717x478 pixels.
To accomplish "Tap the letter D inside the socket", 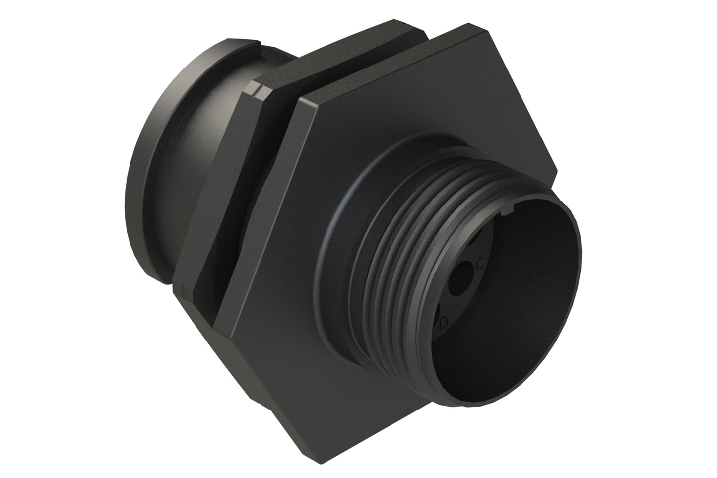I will pos(445,325).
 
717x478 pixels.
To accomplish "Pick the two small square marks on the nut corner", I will pos(259,90).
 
